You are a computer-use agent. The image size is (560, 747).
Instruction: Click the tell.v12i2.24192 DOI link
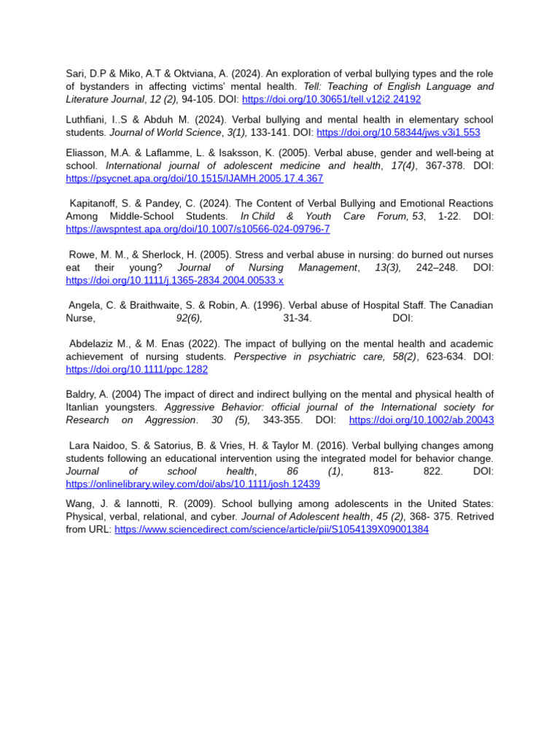331,99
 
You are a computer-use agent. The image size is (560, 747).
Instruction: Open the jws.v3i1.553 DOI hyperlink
398,133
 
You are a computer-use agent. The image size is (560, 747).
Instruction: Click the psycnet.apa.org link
194,178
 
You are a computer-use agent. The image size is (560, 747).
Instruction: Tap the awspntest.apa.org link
198,229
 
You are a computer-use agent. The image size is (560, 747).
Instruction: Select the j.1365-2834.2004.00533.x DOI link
174,280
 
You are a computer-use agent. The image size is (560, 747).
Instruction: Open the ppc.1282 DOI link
136,370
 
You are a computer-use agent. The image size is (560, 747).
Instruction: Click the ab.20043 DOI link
421,420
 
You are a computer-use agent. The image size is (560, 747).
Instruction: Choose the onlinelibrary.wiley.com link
192,484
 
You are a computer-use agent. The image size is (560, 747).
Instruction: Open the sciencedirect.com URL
271,530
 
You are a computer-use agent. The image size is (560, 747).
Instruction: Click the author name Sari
75,74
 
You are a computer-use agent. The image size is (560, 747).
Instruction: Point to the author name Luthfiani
87,120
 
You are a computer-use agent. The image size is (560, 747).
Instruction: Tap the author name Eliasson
87,152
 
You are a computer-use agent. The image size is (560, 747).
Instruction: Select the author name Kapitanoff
96,204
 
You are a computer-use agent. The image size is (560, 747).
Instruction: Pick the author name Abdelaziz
95,344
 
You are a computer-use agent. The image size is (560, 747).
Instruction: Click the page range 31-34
297,319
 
